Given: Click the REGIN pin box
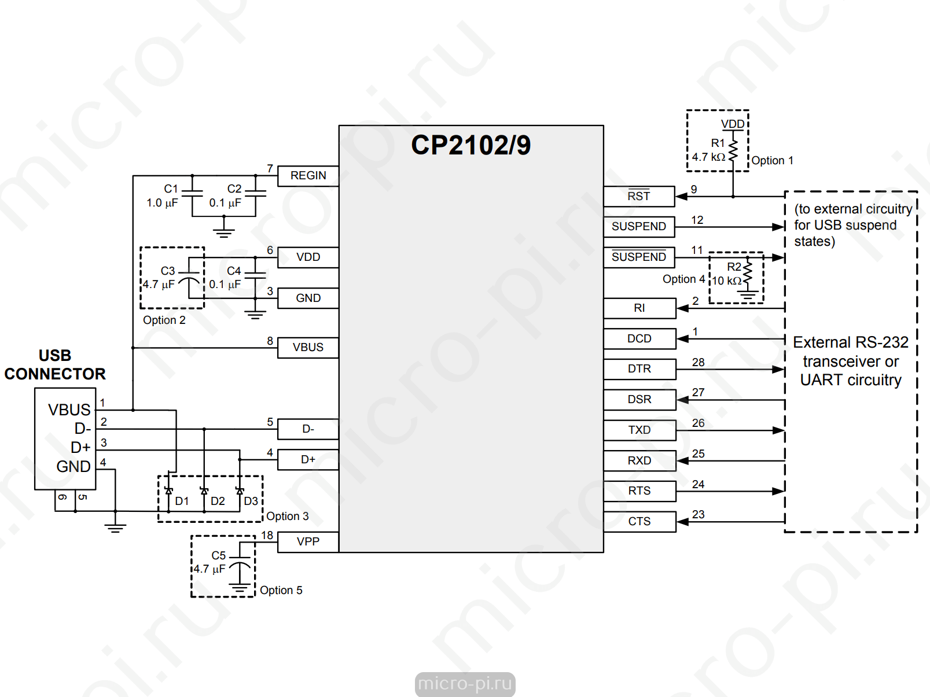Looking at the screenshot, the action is coord(308,176).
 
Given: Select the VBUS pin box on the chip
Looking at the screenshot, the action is coord(308,348).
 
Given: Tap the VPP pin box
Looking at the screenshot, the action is coord(308,541).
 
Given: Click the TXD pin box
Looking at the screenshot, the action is coord(639,430).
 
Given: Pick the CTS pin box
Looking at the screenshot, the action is coord(639,521).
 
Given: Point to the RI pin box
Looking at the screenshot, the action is coord(639,308).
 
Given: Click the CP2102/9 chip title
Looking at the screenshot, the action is coord(470,145).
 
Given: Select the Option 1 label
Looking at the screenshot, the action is coord(772,160).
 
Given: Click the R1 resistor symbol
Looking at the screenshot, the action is coord(733,145).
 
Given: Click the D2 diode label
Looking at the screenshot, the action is coord(218,501).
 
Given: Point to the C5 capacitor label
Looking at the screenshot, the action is coord(219,555).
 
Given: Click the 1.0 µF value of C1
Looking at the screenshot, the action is coord(162,203).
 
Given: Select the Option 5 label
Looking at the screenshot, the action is coord(281,591).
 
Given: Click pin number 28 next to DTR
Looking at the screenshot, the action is coord(699,363).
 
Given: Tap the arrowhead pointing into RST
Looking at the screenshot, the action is coord(681,197).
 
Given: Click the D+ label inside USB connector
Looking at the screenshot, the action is coord(80,447).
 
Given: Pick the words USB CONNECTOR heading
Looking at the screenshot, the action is coord(55,364).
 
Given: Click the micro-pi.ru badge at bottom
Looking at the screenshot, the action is coord(465,684).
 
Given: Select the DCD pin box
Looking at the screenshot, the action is coord(639,339).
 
